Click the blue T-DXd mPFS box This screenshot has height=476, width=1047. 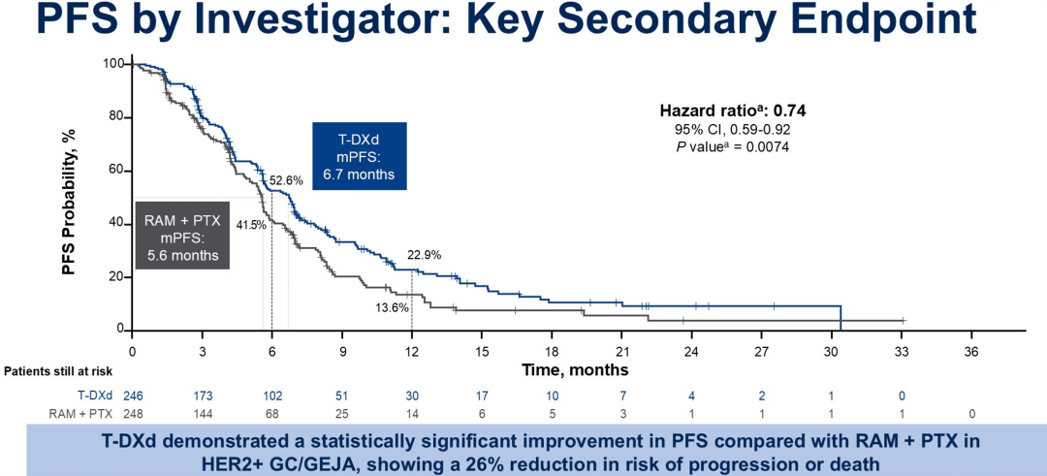[360, 155]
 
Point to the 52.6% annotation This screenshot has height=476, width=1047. [286, 180]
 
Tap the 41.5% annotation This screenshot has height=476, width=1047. [250, 225]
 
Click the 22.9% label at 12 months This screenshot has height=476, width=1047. [424, 255]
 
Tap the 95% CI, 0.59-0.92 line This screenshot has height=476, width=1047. [733, 130]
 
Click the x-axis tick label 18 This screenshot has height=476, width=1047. [552, 350]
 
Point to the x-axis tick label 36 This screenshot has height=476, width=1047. [971, 350]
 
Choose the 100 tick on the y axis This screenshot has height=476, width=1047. [114, 64]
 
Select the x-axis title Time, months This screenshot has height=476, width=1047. [575, 370]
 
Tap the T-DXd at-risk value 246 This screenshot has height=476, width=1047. [133, 396]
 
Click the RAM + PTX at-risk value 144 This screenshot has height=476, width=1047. [202, 413]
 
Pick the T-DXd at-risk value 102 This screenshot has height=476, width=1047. [271, 396]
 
